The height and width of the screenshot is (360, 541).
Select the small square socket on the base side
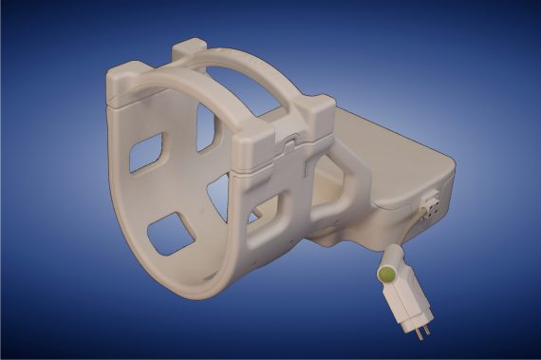(429, 206)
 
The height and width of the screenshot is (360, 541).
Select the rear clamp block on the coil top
(194, 49)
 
